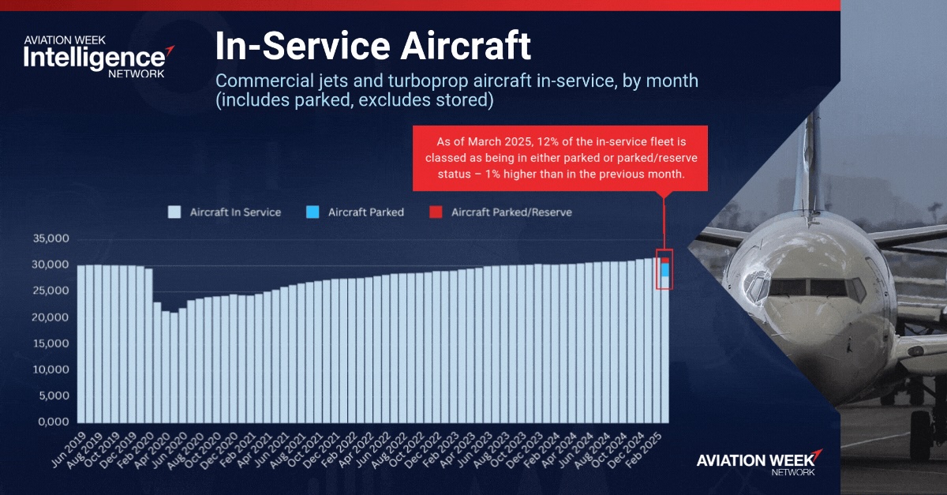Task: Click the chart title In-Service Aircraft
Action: coord(373,47)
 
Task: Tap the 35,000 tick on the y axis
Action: coord(50,238)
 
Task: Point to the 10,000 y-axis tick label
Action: coord(50,369)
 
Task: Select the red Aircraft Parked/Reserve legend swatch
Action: coord(434,212)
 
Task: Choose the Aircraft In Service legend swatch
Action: coord(174,212)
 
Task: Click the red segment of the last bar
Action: coord(665,260)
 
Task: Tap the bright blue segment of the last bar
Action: coord(665,270)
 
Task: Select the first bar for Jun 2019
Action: coord(81,343)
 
